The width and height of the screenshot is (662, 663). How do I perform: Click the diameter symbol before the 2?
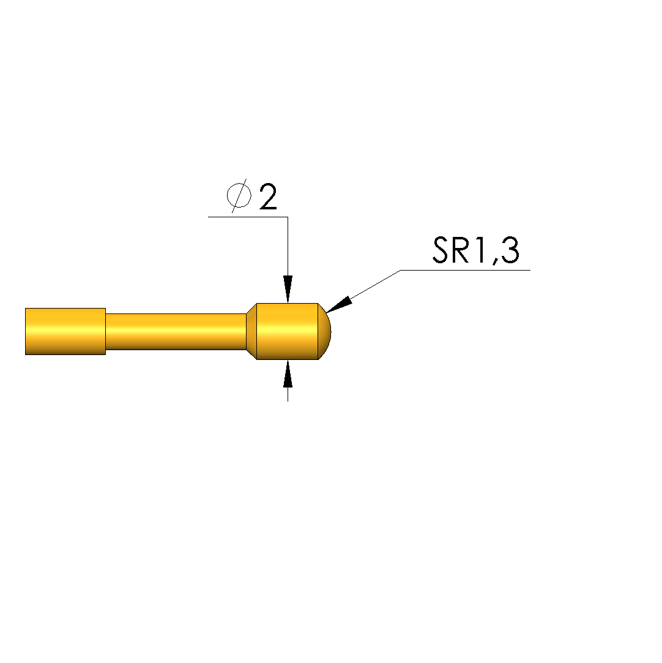click(239, 196)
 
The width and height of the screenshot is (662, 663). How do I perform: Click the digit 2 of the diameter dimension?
click(268, 197)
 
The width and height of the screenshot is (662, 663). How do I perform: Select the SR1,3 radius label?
click(476, 251)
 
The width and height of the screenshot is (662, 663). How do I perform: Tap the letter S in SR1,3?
click(440, 250)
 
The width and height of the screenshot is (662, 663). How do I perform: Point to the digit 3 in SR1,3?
click(510, 250)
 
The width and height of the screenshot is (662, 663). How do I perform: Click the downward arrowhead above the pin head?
click(288, 289)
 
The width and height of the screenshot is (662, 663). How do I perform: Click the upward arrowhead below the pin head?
click(288, 373)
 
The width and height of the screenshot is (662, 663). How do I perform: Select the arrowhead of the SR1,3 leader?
click(339, 305)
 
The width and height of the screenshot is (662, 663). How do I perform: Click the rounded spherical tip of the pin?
click(324, 332)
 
